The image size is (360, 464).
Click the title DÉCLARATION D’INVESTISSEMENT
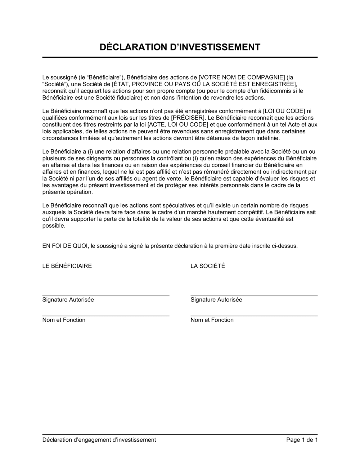tap(180, 47)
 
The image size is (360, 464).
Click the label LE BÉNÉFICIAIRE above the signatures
tap(67, 266)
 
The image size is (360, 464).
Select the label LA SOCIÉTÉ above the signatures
tap(208, 266)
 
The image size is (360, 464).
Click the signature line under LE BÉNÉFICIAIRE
tap(106, 295)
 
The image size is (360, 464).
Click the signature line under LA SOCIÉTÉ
tap(254, 295)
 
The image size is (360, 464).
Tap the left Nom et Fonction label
tap(64, 320)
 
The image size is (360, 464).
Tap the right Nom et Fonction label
tap(212, 320)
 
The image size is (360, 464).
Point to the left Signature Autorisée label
tap(68, 300)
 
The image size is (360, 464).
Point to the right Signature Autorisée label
tap(216, 300)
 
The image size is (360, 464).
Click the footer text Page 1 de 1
tap(302, 440)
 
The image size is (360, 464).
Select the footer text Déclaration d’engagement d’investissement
tap(99, 440)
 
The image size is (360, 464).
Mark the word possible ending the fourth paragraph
tap(54, 226)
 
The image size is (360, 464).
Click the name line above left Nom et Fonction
tap(106, 316)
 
